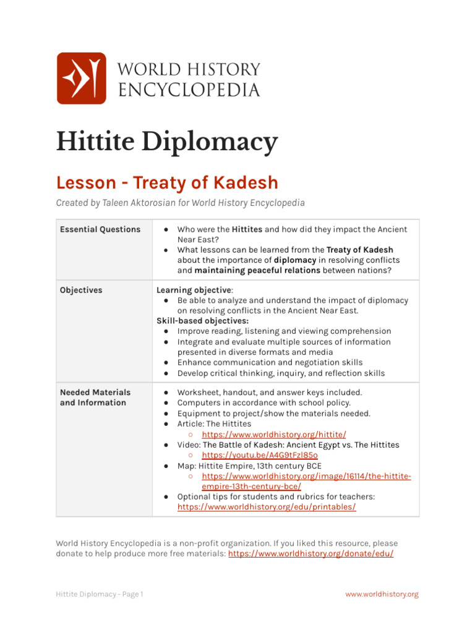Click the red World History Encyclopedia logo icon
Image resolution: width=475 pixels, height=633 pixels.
tap(81, 78)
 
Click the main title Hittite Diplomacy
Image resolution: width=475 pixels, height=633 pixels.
tap(167, 142)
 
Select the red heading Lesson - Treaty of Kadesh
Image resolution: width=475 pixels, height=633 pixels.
tap(167, 183)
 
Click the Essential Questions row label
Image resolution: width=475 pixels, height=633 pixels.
tap(100, 229)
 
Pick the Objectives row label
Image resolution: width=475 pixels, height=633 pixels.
tap(81, 290)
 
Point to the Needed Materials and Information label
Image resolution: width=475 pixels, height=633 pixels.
tap(95, 397)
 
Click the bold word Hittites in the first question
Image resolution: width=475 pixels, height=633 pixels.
tap(247, 229)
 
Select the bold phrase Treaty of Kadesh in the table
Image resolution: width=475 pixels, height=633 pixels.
tap(360, 250)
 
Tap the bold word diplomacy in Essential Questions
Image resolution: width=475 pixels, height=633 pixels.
tap(295, 260)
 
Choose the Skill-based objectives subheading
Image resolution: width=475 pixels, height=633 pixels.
tap(202, 321)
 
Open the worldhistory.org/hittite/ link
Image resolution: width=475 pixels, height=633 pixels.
tap(274, 435)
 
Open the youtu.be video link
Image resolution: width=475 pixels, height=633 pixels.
tap(260, 456)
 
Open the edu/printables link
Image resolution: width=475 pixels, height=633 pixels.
tap(267, 507)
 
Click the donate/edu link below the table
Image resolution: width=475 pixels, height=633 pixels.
tap(310, 554)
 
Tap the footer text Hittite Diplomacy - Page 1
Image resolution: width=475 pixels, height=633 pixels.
tap(100, 594)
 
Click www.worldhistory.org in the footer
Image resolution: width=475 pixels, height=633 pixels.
tap(382, 594)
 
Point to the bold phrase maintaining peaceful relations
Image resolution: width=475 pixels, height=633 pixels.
tap(257, 270)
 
